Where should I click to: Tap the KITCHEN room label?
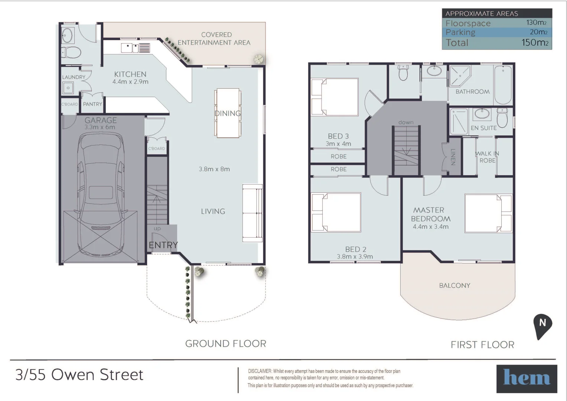pos(130,74)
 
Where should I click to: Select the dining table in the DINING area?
pos(228,113)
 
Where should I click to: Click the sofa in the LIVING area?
pos(252,213)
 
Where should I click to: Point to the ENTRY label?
pos(163,245)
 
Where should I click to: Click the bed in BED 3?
pos(335,97)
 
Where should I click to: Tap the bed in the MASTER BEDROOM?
pos(488,213)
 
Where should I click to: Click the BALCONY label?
pos(454,286)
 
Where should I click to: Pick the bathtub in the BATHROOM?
pos(503,85)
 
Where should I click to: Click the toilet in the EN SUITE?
pos(502,118)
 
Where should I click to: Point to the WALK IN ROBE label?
pos(487,157)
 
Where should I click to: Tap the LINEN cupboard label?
pos(453,157)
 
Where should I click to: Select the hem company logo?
pos(527,379)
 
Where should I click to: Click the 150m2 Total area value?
pos(535,43)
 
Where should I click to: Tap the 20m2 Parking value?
pos(538,32)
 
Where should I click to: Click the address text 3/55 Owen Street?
pos(79,375)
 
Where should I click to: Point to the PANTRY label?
pos(92,104)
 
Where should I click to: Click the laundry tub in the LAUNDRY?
pos(68,88)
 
